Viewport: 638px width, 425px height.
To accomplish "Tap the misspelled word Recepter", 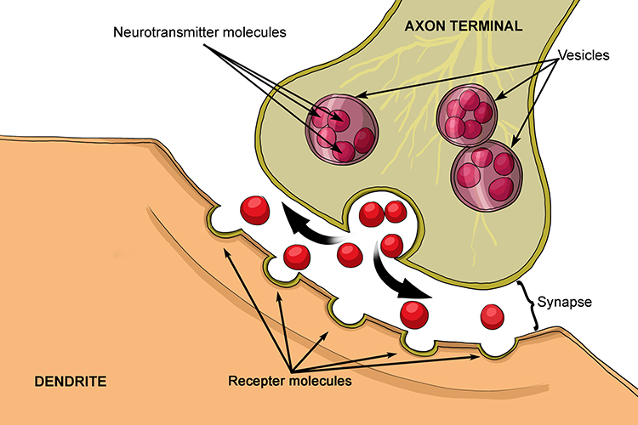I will pyautogui.click(x=256, y=382).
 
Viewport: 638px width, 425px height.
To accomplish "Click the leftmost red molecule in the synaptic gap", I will pyautogui.click(x=254, y=207).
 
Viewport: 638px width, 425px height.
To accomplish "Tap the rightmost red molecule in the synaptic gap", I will pyautogui.click(x=493, y=317).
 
